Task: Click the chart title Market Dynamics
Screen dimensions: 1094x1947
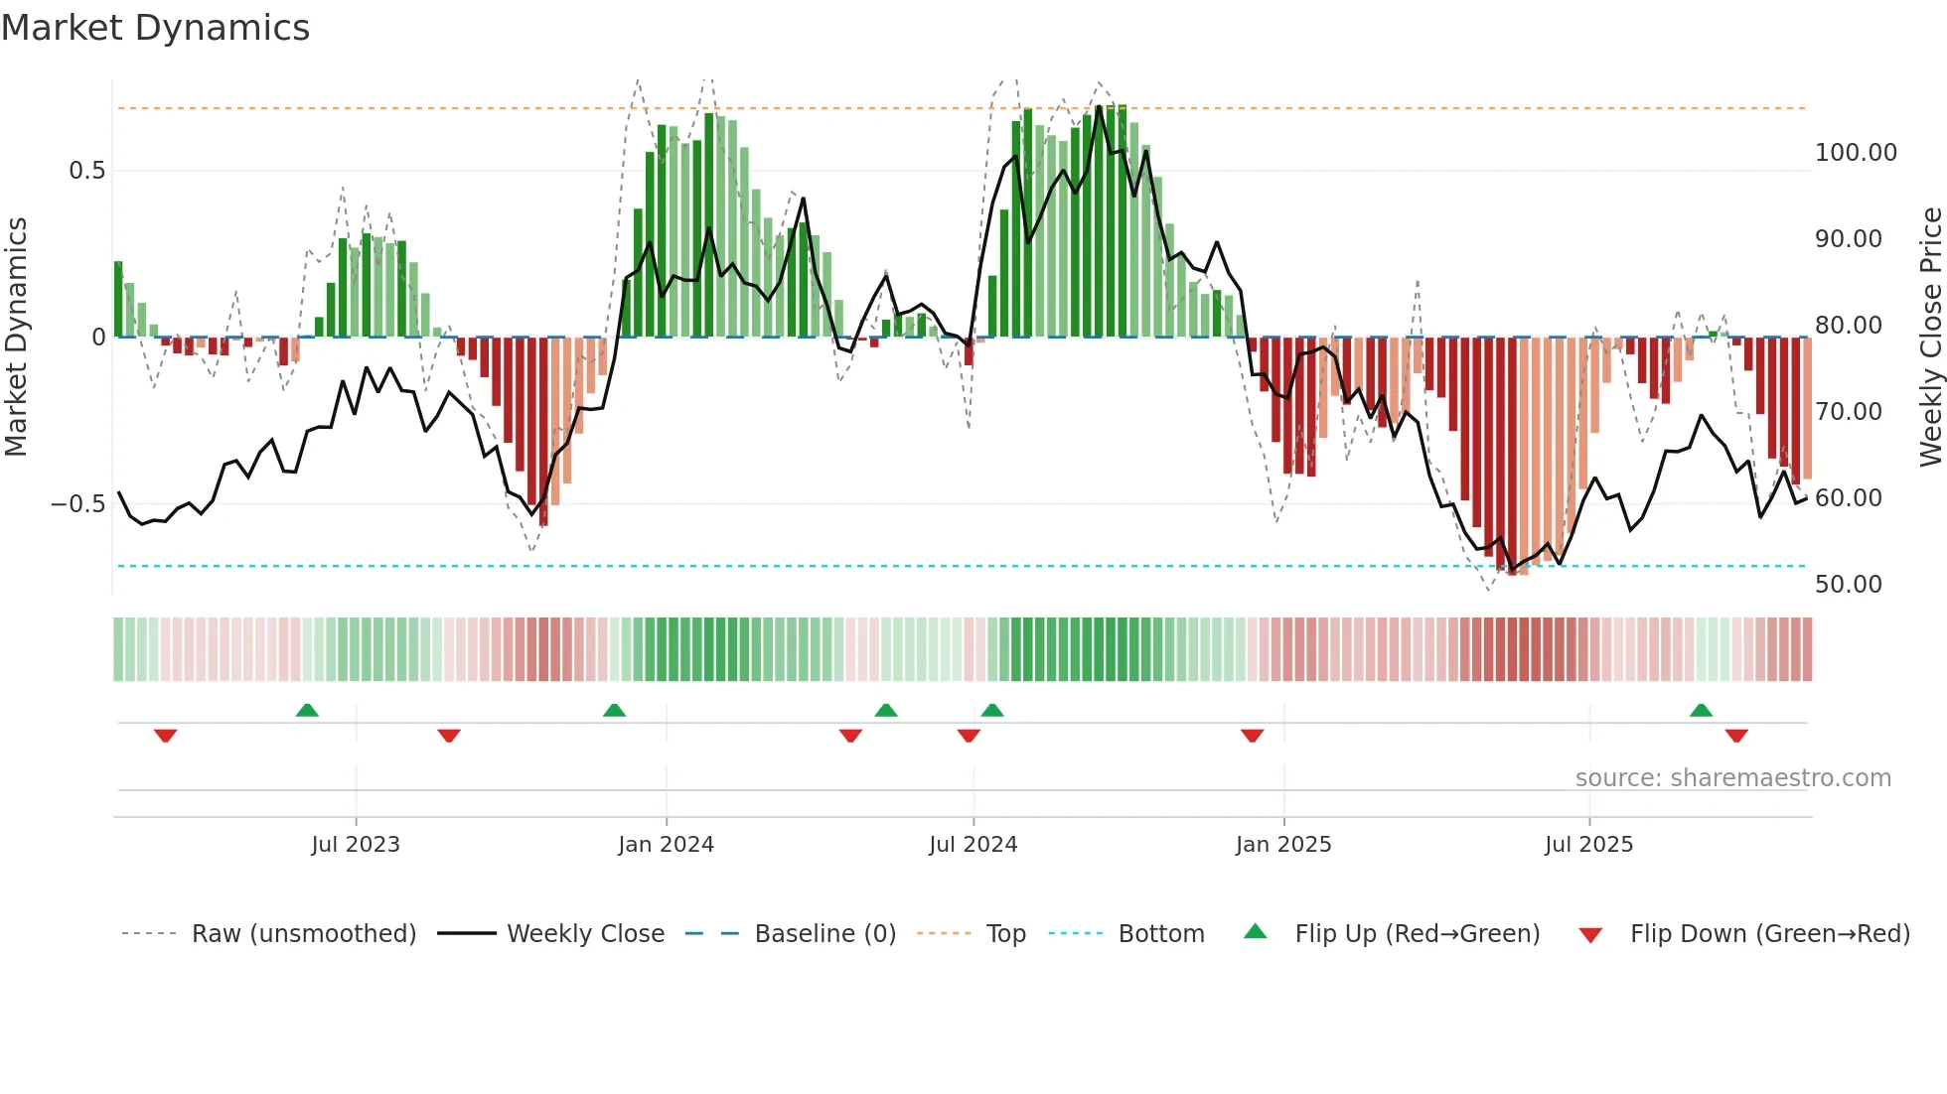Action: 156,28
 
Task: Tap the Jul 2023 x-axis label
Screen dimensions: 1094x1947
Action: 355,845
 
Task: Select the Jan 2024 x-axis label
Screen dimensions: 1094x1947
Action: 666,845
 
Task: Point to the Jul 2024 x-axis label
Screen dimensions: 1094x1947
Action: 973,845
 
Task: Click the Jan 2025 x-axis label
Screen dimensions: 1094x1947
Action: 1283,845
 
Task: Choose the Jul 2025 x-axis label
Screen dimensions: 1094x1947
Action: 1588,845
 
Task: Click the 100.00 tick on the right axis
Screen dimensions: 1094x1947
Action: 1856,153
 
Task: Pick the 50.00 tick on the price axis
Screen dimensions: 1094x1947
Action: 1848,585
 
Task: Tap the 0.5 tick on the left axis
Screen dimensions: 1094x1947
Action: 86,171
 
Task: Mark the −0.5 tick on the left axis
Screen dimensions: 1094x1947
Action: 77,504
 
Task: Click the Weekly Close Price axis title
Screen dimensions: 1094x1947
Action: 1930,337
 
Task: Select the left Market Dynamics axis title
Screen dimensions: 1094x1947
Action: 16,337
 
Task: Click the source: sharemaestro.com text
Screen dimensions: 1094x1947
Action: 1732,778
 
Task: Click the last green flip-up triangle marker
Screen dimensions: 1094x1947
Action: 1701,710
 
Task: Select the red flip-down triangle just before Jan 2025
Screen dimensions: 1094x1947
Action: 1252,736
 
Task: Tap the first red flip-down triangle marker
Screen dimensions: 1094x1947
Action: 166,736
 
